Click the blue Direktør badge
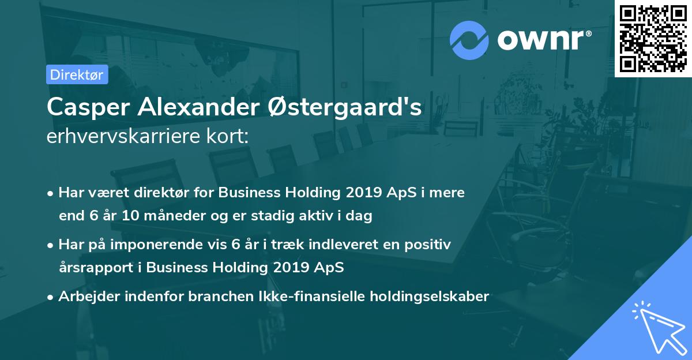click(77, 74)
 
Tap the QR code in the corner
click(653, 38)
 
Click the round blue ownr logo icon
click(469, 40)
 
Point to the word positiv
click(428, 245)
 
